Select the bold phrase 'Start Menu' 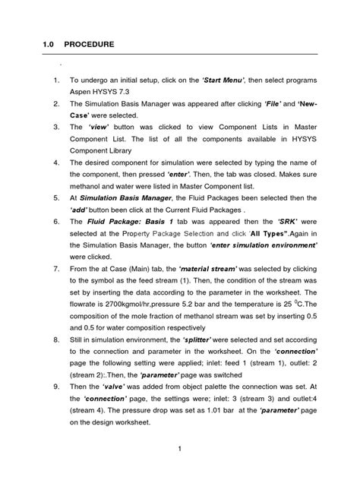(x=227, y=79)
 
